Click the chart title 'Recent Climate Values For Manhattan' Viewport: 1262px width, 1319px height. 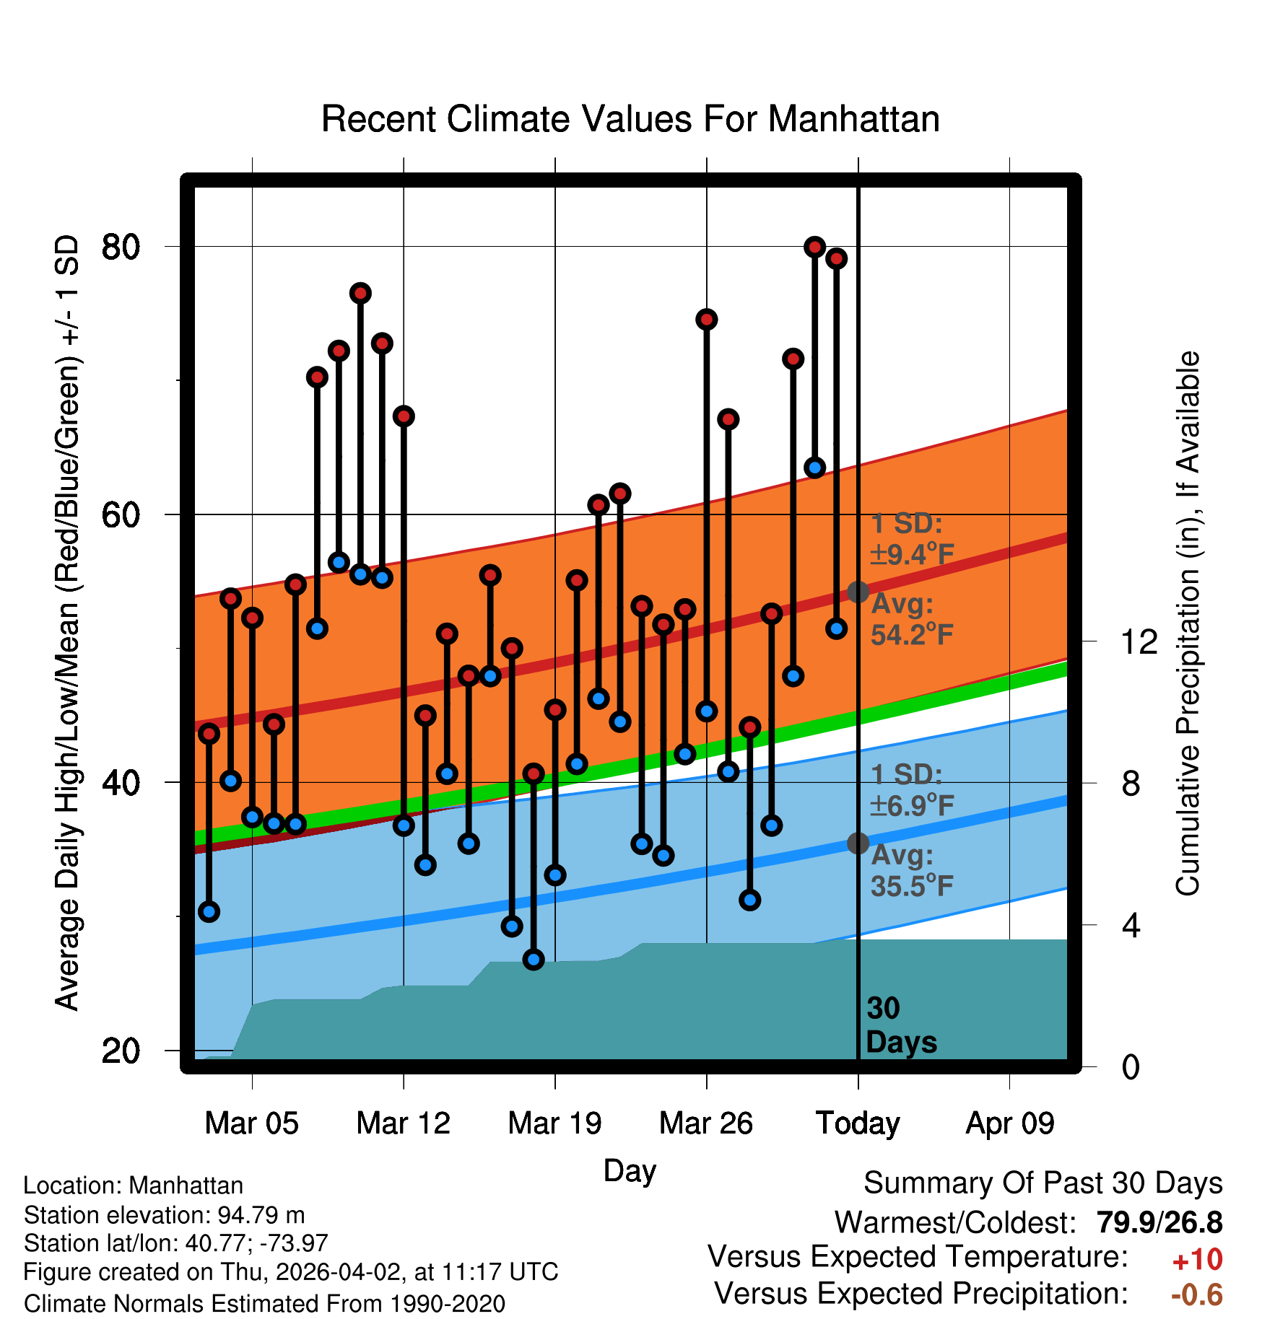[630, 119]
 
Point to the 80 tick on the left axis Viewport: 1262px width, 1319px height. [121, 247]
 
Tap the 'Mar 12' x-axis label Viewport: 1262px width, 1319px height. [403, 1123]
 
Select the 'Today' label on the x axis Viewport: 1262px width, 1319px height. [858, 1123]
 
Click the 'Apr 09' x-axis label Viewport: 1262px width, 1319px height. [1009, 1123]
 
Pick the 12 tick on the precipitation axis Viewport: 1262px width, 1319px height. [1139, 641]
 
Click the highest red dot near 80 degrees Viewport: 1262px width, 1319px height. [814, 247]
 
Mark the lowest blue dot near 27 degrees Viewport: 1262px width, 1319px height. [534, 959]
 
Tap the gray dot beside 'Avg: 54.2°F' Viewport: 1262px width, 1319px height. [858, 592]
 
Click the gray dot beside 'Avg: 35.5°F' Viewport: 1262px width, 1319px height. [858, 843]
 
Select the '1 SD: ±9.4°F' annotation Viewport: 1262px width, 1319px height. [912, 539]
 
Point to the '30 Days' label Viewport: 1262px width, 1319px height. [900, 1025]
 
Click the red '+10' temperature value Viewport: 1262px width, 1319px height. [1197, 1260]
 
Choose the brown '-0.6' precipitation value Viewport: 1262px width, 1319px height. [1196, 1294]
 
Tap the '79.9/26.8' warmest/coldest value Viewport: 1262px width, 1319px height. [1159, 1223]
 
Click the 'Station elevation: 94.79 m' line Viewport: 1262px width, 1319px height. [164, 1215]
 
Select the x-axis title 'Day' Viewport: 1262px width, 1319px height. [630, 1170]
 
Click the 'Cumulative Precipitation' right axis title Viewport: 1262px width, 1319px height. [1187, 623]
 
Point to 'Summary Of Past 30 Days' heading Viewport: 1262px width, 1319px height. [1043, 1183]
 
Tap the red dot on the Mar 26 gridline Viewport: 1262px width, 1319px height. [706, 320]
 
